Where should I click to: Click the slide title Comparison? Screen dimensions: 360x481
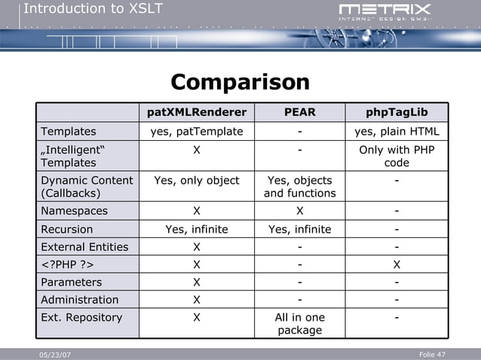[x=240, y=82]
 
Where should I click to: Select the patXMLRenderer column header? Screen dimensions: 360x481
[x=197, y=113]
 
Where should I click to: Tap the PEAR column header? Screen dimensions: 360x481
[x=299, y=113]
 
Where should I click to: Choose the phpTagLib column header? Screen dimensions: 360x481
[x=397, y=113]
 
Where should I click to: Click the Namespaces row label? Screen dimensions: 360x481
[x=75, y=212]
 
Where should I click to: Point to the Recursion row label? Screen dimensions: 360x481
[x=67, y=230]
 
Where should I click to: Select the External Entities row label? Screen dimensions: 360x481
[x=84, y=247]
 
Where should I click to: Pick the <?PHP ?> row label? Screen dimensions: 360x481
[x=67, y=265]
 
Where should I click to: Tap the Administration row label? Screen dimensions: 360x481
[x=79, y=300]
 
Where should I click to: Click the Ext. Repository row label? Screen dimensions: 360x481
[x=81, y=318]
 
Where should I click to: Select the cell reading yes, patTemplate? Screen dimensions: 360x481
[x=197, y=132]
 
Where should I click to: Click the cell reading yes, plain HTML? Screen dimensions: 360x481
[x=397, y=132]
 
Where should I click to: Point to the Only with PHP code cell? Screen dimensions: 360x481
[x=397, y=156]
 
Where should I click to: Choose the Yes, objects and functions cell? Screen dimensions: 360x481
[x=299, y=187]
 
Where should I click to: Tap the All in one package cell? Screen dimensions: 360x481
[x=299, y=324]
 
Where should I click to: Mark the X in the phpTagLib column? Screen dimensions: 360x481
[x=397, y=265]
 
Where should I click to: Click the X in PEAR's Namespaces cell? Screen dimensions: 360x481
[x=299, y=212]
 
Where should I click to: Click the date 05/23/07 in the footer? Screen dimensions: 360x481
[x=54, y=355]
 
